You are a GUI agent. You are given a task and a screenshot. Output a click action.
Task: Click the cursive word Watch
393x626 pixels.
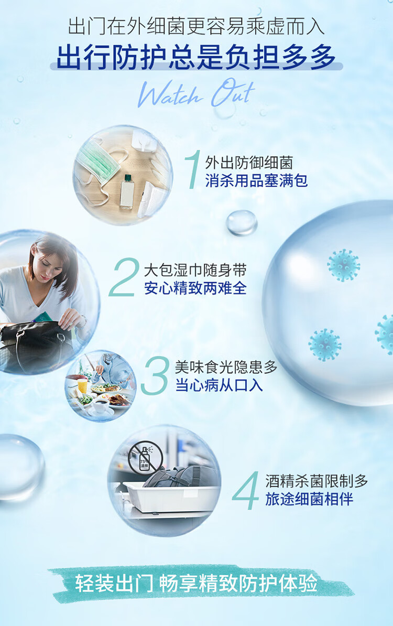(170, 95)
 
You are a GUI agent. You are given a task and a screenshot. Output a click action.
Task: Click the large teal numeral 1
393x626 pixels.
(193, 169)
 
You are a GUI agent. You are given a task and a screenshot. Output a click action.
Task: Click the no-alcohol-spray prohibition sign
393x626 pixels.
(146, 456)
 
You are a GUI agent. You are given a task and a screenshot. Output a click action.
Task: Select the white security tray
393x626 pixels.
(171, 495)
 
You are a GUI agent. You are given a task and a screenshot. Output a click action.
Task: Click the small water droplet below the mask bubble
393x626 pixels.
(242, 222)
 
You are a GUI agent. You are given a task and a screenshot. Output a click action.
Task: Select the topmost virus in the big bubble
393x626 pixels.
(344, 265)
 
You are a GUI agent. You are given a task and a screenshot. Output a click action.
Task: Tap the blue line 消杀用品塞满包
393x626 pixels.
(256, 181)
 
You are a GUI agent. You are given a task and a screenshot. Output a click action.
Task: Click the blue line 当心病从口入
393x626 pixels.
(219, 385)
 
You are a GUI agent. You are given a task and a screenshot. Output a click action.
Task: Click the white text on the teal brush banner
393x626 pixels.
(196, 583)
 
